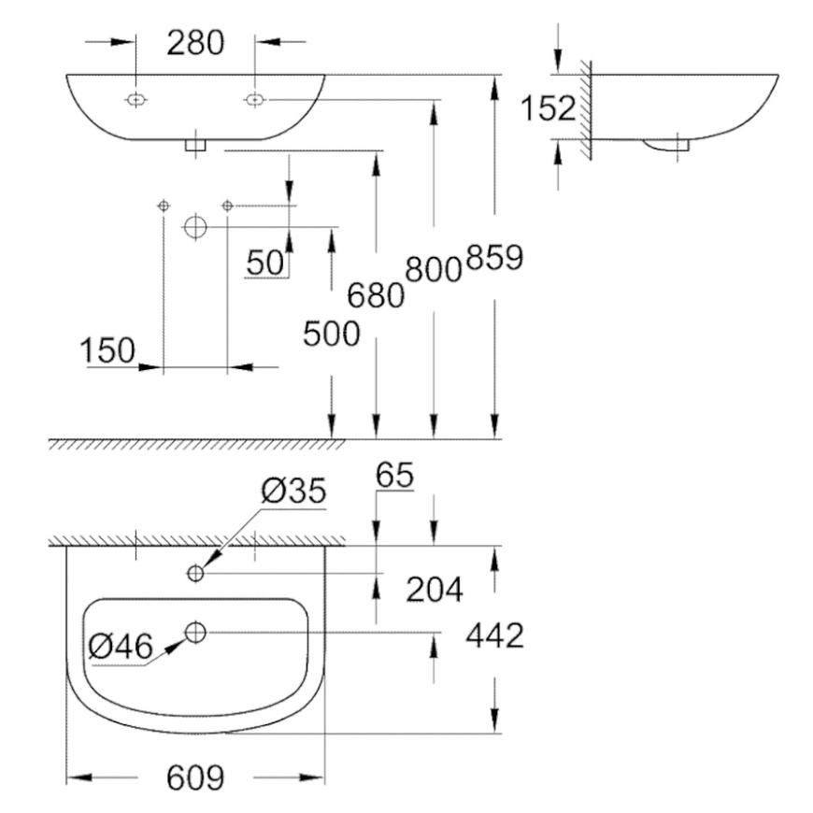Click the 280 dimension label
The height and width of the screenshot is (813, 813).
[195, 42]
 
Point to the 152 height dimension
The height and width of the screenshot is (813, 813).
[548, 108]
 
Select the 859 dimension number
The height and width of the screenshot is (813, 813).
[494, 257]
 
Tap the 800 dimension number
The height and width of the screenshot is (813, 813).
[434, 269]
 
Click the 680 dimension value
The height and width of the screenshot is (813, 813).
[376, 296]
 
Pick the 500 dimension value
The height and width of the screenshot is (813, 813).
[332, 334]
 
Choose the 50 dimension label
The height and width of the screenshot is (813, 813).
[265, 262]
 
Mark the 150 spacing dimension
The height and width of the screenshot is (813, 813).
[107, 350]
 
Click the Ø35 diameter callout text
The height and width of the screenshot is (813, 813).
[294, 491]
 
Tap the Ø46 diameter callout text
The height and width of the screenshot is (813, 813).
[121, 647]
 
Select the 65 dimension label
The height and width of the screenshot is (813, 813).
[395, 475]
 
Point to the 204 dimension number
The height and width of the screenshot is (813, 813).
[434, 590]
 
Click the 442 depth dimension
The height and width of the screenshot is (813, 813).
[494, 635]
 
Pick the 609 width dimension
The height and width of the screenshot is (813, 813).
[195, 777]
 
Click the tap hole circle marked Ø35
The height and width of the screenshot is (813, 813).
[195, 573]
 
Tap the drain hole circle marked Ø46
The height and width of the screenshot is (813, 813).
[195, 633]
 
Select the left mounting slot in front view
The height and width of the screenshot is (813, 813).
[135, 99]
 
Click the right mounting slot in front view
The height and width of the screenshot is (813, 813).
[254, 99]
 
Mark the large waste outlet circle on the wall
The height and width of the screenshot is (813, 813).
[195, 226]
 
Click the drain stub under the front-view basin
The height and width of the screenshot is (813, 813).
[195, 145]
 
